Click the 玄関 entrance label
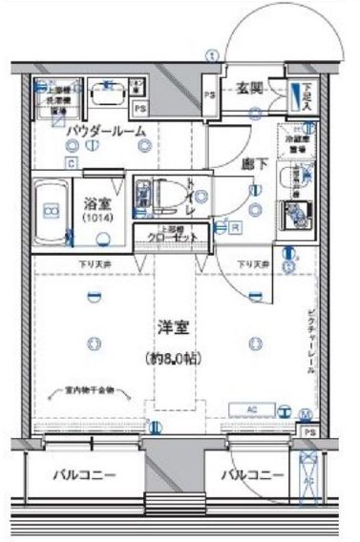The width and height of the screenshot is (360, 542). tap(249, 89)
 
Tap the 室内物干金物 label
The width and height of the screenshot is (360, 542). tap(84, 389)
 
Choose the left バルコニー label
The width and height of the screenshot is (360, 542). tap(84, 473)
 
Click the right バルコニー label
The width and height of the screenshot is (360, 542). tap(254, 473)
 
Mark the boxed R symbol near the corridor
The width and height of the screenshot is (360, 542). tap(233, 227)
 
